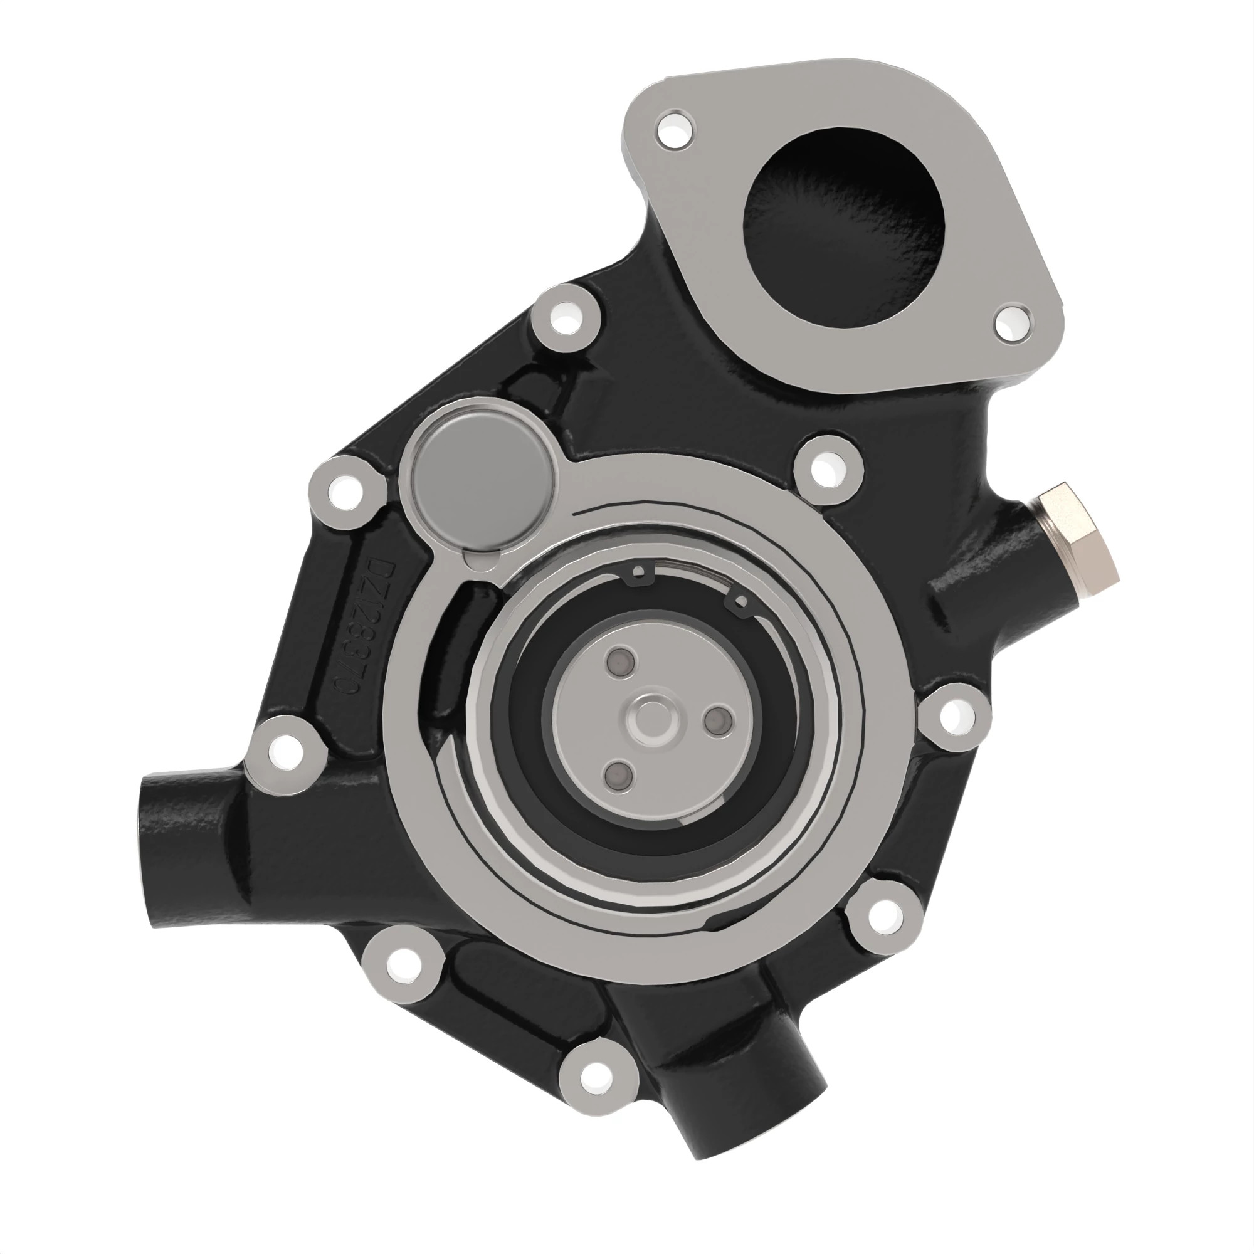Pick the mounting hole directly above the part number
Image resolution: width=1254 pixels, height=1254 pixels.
coord(345,491)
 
